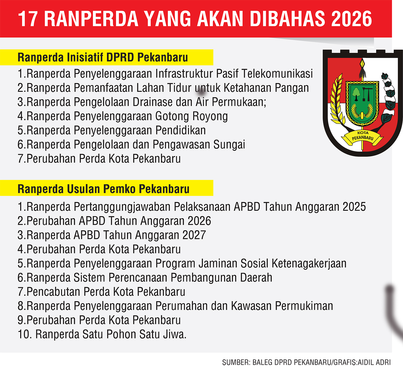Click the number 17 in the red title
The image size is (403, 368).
click(x=28, y=19)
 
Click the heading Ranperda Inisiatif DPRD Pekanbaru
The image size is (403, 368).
click(x=103, y=57)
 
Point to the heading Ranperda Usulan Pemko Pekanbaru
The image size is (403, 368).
click(x=103, y=189)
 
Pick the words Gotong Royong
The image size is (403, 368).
click(x=191, y=116)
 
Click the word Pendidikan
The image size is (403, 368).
click(x=181, y=131)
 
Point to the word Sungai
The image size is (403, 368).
click(x=229, y=145)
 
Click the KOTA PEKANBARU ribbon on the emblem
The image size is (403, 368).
click(x=362, y=137)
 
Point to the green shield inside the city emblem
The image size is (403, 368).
click(x=362, y=102)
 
